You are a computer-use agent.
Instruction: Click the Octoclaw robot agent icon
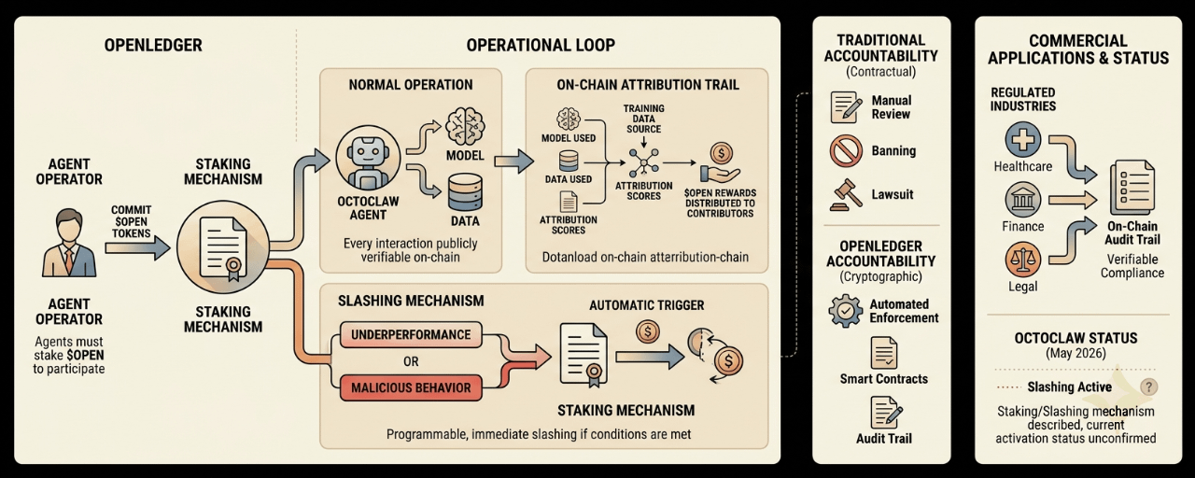368,158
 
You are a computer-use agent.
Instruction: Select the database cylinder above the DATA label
465,192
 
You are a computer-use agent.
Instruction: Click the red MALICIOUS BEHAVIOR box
411,387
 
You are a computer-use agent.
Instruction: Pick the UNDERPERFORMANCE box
411,334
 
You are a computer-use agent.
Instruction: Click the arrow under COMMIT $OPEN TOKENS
137,247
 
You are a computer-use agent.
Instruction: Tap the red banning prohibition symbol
846,151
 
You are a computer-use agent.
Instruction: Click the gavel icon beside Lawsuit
847,195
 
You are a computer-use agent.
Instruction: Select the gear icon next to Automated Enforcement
845,311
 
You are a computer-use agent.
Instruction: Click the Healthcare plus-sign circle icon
1022,139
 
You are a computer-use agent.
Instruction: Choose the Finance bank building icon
1022,200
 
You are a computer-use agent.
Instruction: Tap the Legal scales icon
1022,260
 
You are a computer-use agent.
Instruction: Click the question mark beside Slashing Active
1148,387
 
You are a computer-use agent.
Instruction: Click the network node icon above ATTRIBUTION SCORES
643,162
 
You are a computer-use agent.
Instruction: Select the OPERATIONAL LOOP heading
541,45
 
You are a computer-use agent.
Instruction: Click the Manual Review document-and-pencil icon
847,107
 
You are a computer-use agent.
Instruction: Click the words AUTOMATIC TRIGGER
647,305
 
